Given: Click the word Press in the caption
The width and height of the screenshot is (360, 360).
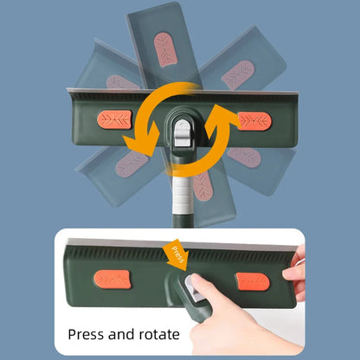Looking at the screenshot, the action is coord(86,334).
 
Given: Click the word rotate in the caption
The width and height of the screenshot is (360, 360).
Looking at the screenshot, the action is coord(159,334).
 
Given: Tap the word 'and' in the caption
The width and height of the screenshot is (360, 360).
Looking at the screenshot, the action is coord(121,334).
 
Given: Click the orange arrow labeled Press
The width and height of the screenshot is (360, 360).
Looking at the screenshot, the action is coord(177,254).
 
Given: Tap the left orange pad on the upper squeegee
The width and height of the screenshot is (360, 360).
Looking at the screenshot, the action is coord(115,119).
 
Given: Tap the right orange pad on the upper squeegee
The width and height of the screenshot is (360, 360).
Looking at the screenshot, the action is coord(254,121).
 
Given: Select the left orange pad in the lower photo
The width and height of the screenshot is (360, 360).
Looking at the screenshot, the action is coord(112,280).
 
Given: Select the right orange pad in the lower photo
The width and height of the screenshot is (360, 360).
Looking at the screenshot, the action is coord(253,281).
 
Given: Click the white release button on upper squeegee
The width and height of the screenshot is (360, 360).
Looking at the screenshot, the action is coord(183,132).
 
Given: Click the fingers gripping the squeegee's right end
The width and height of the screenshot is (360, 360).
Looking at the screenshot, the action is coord(294,271).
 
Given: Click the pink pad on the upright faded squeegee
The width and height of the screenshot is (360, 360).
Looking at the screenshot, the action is coord(165,49).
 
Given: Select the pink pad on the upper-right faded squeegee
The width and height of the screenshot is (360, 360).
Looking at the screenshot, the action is coord(238,74).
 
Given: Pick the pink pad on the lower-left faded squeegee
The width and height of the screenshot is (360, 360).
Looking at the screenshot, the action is coord(132,164).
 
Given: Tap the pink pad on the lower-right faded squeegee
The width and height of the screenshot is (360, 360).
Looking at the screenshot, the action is coord(244,157).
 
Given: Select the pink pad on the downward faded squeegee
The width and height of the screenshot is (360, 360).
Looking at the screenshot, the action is coord(202,185).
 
